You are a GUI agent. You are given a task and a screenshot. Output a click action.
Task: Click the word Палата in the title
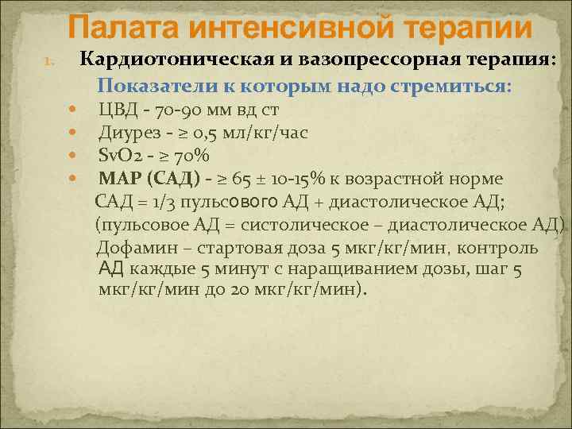(119, 29)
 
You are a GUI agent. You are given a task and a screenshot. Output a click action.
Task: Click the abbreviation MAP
(121, 177)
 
